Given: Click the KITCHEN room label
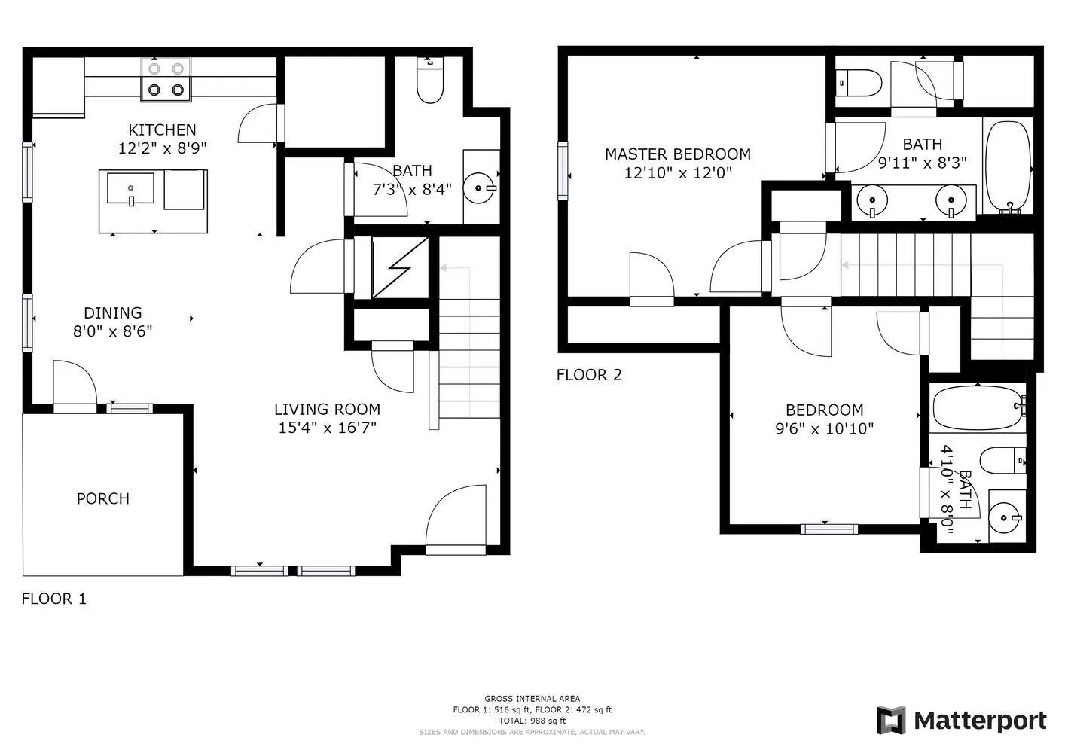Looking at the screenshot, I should (x=162, y=130).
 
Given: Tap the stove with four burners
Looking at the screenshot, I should (x=166, y=80).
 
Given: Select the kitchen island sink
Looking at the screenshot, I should (x=130, y=188).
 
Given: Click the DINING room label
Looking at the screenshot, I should (x=112, y=313).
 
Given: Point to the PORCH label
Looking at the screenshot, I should (x=103, y=498).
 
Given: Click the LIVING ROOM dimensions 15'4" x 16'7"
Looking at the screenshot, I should (x=327, y=428).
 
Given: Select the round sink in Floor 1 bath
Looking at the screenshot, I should (x=478, y=187).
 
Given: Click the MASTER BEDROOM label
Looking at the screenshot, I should (x=677, y=154).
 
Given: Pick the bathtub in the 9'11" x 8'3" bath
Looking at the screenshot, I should (x=1008, y=165).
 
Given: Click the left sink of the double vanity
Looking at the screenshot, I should (x=872, y=200).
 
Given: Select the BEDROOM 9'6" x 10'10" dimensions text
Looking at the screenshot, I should (x=824, y=429).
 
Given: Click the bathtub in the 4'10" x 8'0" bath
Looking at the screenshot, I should (x=978, y=408).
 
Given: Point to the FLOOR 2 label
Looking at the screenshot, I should (x=589, y=375).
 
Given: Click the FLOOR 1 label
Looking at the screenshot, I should (x=53, y=599).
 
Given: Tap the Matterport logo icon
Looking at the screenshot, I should (x=891, y=721).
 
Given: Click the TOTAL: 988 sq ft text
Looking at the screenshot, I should (x=532, y=721).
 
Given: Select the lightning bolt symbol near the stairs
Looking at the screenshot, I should (x=399, y=267).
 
